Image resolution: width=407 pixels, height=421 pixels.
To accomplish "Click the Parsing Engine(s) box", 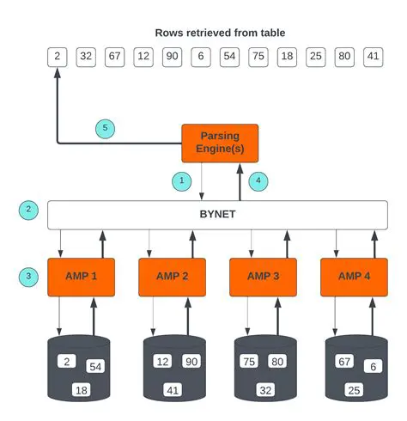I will pyautogui.click(x=220, y=143).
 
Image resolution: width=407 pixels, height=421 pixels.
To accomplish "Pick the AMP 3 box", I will pyautogui.click(x=262, y=277).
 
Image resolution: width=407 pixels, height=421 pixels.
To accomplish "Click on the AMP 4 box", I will pyautogui.click(x=354, y=277).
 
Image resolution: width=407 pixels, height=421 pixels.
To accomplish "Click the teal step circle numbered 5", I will pyautogui.click(x=105, y=128).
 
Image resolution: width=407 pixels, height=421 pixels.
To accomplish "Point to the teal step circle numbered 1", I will pyautogui.click(x=181, y=181).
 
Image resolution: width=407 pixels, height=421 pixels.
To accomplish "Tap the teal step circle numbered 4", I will pyautogui.click(x=258, y=181).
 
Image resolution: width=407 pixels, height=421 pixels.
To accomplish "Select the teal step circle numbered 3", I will pyautogui.click(x=28, y=277).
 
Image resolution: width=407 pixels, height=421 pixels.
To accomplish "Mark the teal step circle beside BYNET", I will pyautogui.click(x=28, y=210).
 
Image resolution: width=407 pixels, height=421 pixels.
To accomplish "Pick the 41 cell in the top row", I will pyautogui.click(x=372, y=57).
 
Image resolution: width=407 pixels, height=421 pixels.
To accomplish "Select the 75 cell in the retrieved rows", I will pyautogui.click(x=257, y=57).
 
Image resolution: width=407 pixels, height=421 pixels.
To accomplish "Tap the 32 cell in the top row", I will pyautogui.click(x=86, y=57).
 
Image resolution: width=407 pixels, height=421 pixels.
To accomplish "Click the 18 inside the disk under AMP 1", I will pyautogui.click(x=82, y=389).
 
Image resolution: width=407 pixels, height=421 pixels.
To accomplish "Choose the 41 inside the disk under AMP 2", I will pyautogui.click(x=173, y=389).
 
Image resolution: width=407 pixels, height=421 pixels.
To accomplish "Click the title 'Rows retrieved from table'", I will pyautogui.click(x=220, y=33).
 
